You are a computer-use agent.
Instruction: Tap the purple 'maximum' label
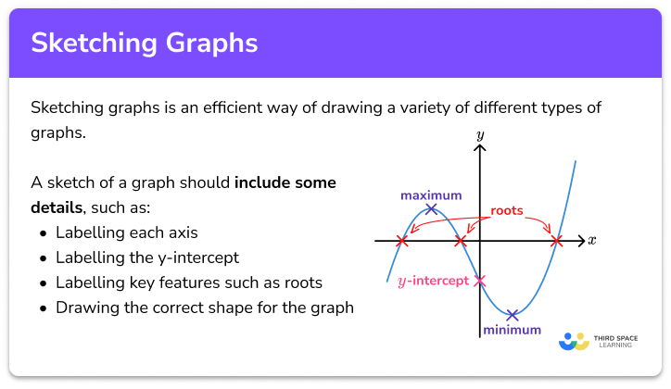(431, 195)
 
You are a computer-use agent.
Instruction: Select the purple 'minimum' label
(511, 329)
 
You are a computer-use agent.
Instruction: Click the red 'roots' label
(506, 210)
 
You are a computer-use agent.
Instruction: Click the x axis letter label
(592, 240)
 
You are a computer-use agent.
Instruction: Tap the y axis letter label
(480, 135)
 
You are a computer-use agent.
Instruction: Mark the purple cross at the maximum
(431, 210)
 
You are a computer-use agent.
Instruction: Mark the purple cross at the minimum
(512, 315)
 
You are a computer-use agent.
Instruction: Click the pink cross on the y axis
(479, 281)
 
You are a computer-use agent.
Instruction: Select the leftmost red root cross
(401, 241)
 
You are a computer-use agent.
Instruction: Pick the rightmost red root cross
(556, 241)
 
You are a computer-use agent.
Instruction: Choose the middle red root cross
(461, 241)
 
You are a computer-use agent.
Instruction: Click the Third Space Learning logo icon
(574, 341)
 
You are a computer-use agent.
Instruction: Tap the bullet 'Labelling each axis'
(127, 232)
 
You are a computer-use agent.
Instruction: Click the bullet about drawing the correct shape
(205, 307)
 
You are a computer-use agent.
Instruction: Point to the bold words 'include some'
(285, 182)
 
